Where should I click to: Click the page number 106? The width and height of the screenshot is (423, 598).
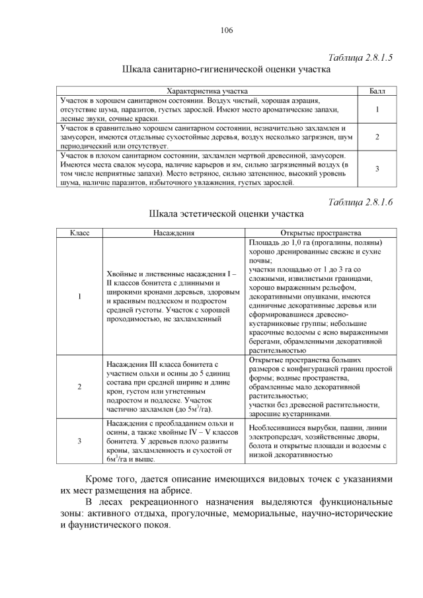click(227, 30)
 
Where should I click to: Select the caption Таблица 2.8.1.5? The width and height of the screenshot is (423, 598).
click(361, 57)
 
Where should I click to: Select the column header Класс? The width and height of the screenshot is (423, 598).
click(79, 233)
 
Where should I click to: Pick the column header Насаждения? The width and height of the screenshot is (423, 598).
click(173, 233)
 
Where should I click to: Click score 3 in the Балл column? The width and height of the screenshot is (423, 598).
click(377, 168)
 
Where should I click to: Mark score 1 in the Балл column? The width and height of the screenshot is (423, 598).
click(377, 109)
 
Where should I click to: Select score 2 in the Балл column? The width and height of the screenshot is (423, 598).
click(377, 137)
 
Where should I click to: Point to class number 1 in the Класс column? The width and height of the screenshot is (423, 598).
click(79, 296)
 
